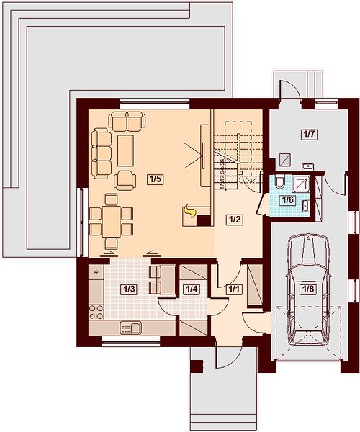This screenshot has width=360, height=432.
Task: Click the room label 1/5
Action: [155, 179]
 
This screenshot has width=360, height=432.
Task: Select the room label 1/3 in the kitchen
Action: [129, 289]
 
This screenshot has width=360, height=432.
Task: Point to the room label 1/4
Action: [192, 289]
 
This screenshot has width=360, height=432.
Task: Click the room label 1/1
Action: [234, 289]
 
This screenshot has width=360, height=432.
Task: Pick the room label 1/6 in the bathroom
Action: [287, 199]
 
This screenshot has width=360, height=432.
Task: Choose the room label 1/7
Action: [309, 135]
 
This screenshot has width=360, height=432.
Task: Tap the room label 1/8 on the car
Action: [308, 289]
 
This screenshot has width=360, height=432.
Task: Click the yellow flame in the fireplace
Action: [190, 212]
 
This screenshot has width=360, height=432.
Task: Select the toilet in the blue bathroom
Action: [279, 181]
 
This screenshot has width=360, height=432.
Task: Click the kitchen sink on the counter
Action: [131, 328]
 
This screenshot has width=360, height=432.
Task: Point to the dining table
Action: [112, 221]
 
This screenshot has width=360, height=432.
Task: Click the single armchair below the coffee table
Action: [125, 180]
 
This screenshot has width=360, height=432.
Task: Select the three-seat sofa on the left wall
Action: [102, 153]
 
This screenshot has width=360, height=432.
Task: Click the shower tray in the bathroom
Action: [301, 183]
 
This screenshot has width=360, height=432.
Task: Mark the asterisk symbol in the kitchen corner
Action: [96, 272]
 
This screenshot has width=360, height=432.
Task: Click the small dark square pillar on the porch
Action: [197, 366]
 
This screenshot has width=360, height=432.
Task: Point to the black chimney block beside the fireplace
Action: [204, 221]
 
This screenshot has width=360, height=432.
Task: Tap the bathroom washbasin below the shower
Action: [305, 205]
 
